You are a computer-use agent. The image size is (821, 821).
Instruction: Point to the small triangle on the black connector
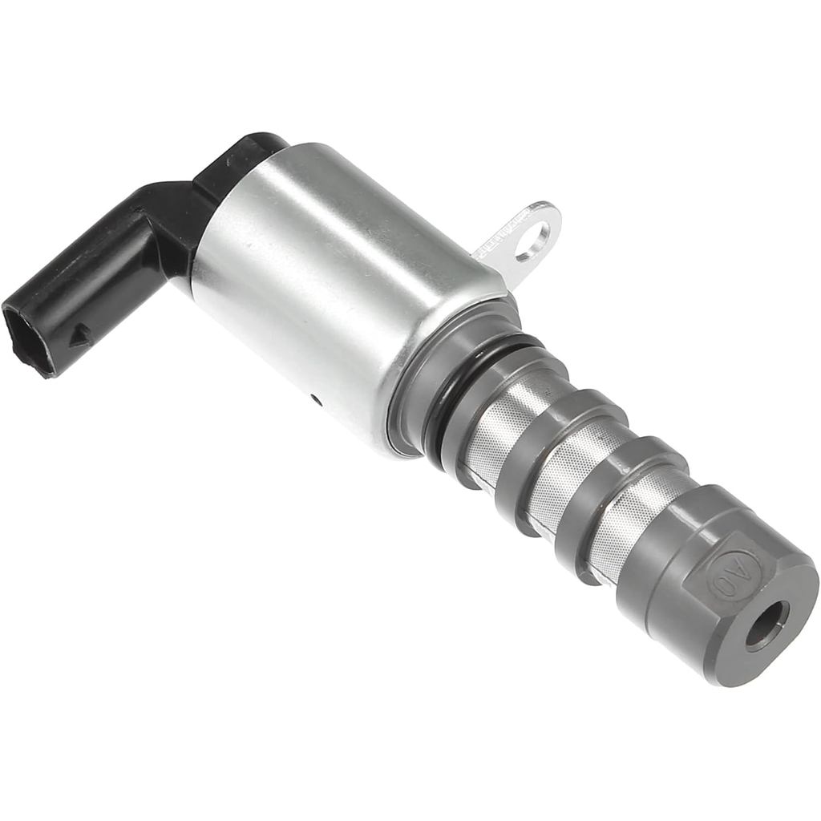[79, 336]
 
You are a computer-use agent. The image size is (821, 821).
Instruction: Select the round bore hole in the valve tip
[766, 624]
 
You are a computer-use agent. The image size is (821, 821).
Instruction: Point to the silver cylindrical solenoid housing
[337, 281]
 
